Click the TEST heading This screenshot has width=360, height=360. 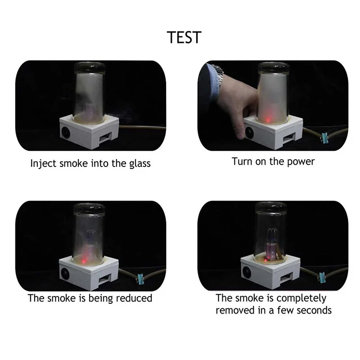tap(184, 37)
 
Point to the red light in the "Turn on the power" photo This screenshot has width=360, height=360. tap(268, 120)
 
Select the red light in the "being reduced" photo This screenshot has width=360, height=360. tap(84, 261)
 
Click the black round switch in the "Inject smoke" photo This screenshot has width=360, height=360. tap(65, 132)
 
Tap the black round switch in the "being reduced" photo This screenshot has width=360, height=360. tap(65, 273)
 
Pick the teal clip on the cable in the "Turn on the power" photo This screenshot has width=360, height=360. tap(324, 138)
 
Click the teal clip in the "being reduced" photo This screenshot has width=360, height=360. tap(140, 279)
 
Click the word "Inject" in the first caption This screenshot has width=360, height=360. tap(43, 164)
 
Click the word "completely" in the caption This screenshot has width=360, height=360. tap(301, 299)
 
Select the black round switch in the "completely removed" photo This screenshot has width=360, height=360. tap(247, 272)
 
